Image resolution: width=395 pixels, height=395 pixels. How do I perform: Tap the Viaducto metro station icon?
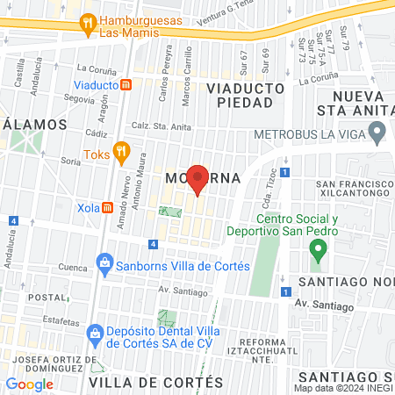pos(126,85)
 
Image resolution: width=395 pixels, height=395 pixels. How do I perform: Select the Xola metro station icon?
pos(107,208)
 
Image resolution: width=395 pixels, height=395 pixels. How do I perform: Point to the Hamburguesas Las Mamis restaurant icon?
pos(87,25)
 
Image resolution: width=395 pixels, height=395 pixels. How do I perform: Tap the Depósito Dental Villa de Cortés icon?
pos(95,333)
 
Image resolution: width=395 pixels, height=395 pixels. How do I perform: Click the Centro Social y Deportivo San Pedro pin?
pos(318,248)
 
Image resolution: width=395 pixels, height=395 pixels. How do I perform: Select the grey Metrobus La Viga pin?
pos(377,134)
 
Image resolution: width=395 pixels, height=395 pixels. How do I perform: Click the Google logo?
pos(29,384)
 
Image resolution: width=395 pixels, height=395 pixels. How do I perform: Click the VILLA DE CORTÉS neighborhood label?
pos(156,383)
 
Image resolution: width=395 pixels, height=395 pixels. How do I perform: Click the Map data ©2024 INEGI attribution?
pos(342,388)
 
